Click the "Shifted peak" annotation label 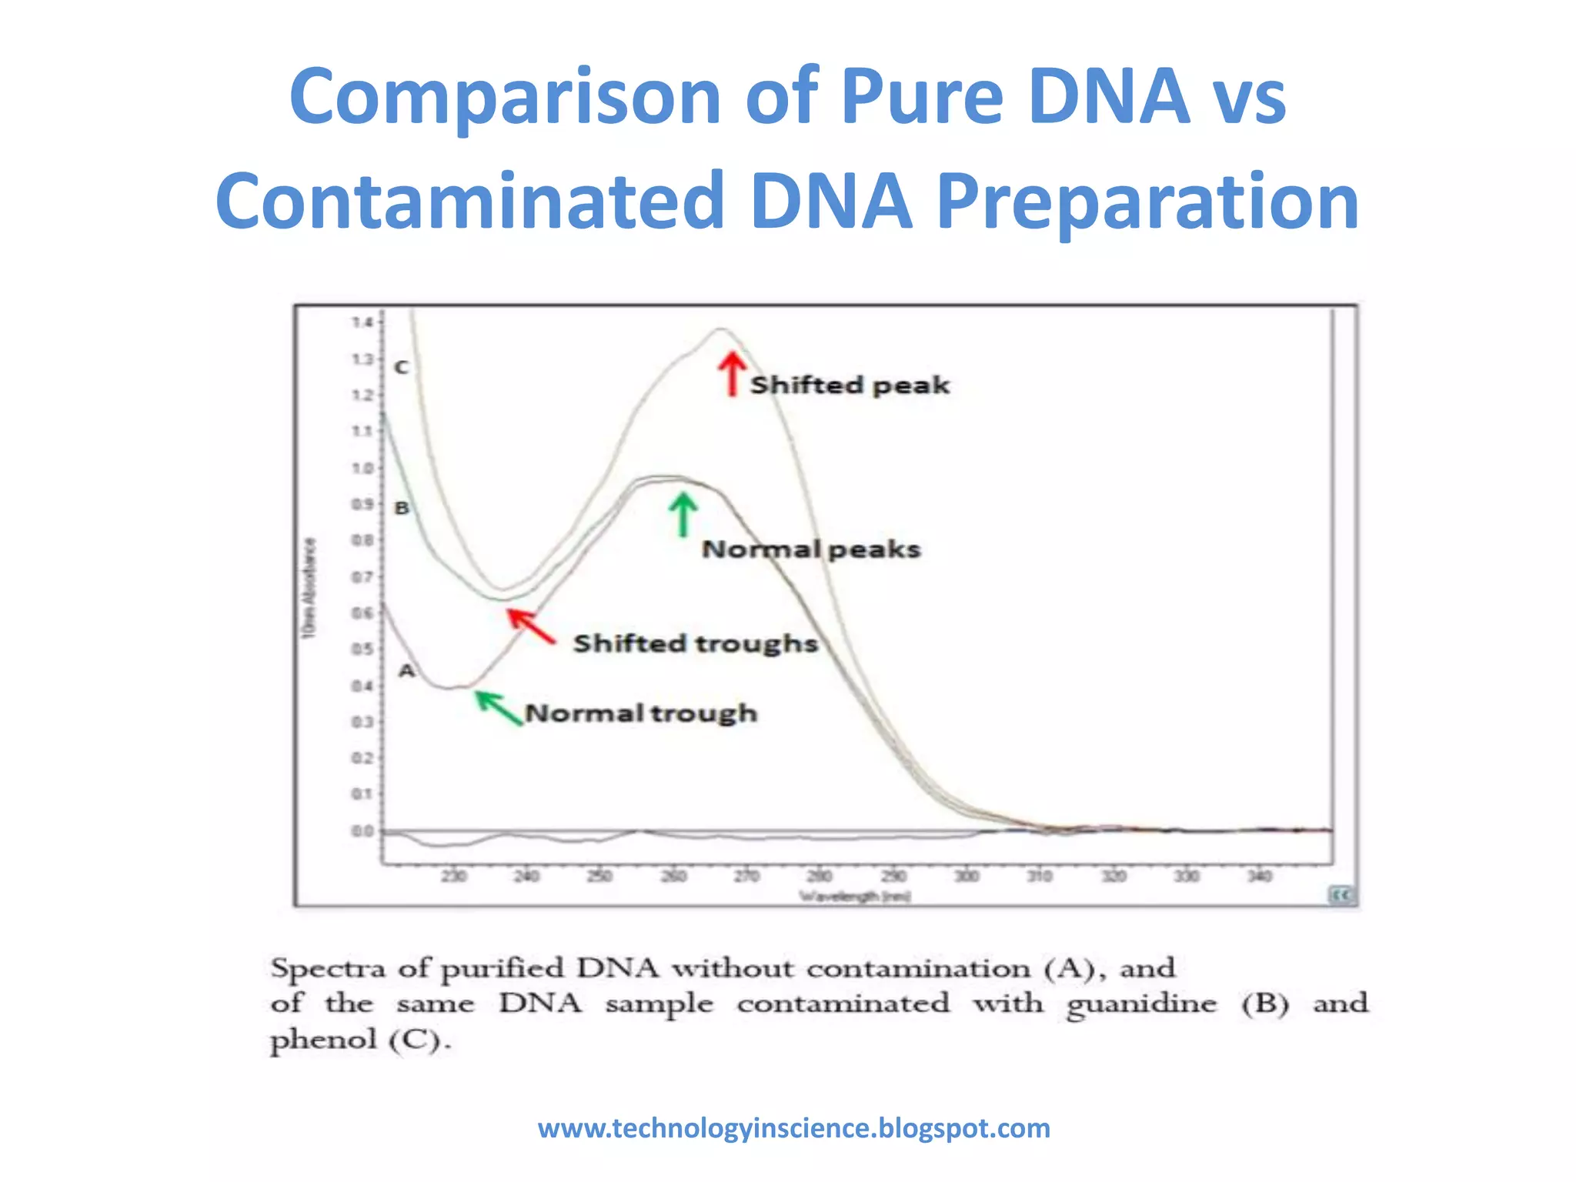850,385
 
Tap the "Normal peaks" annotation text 811,549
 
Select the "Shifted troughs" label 695,643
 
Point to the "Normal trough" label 641,713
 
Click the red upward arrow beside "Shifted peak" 732,374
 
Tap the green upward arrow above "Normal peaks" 683,514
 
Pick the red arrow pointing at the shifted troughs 530,626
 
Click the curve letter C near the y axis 401,367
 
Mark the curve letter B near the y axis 402,508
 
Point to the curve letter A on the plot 406,671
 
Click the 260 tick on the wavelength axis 673,876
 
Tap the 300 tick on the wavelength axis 967,876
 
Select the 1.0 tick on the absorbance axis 362,468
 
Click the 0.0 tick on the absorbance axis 362,831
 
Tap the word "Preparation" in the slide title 1147,202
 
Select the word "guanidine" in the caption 1141,1004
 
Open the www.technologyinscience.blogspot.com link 793,1128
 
